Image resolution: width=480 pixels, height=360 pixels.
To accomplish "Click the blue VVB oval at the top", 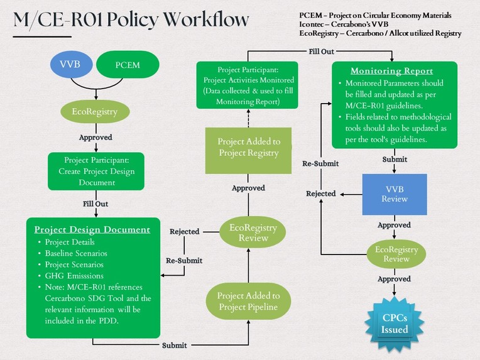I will [x=71, y=64].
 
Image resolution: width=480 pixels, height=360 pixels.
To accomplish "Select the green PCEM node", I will [x=128, y=65].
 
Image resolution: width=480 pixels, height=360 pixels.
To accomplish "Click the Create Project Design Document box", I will [x=96, y=172].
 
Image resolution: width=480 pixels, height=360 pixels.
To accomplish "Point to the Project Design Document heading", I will [x=92, y=229].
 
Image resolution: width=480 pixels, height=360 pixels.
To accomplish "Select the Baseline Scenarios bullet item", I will [x=76, y=253].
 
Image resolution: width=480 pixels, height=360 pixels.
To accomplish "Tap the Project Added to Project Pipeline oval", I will [x=249, y=301].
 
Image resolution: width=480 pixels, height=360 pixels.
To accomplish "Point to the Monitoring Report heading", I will [x=391, y=70].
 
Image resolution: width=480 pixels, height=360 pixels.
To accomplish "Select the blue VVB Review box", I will [x=395, y=194].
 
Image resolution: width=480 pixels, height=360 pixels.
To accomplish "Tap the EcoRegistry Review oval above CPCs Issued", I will [x=396, y=254].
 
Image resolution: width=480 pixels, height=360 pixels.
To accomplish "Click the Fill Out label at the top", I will [x=321, y=51].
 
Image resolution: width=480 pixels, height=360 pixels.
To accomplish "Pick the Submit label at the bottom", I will [x=174, y=346].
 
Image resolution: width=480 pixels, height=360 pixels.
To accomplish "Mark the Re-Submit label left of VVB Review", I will [x=320, y=163].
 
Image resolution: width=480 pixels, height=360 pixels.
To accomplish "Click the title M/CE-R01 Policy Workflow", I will [x=131, y=19].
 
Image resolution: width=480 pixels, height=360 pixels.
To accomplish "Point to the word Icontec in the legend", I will [x=314, y=24].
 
